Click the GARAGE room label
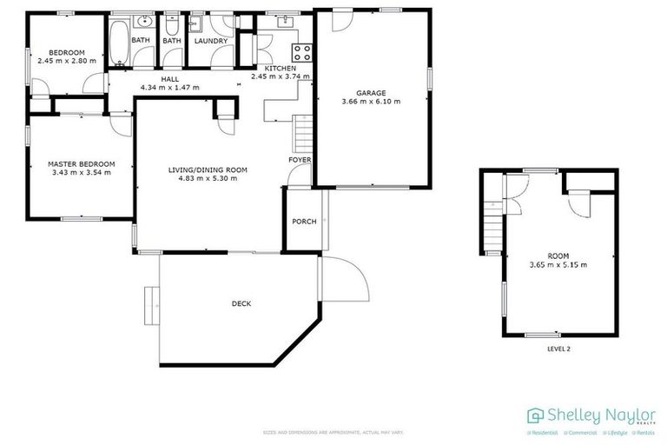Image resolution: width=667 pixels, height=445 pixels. pos(371,92)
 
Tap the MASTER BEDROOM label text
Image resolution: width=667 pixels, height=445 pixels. pos(81,163)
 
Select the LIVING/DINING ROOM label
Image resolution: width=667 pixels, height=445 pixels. pos(208,170)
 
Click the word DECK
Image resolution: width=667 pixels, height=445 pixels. pos(241,303)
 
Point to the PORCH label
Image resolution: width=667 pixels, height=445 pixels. pos(303,221)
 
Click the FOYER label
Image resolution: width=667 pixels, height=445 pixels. pos(299,161)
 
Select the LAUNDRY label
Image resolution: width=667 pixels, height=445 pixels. pos(211,41)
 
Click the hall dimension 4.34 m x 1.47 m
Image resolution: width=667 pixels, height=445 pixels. pos(169,87)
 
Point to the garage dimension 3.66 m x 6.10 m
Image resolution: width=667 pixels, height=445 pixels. pos(371,102)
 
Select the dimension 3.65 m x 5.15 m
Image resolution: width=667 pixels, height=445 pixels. pos(558,264)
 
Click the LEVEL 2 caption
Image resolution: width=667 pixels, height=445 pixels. pos(558,349)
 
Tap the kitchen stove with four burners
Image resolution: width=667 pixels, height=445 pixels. pos(300,50)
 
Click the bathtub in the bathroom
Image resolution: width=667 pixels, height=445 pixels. pos(116,43)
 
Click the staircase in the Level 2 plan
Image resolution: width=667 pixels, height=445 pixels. pos(492,222)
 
